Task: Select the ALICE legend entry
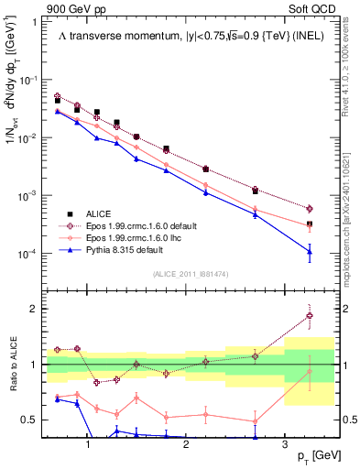click(x=98, y=213)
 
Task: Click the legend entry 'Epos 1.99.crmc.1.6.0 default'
click(x=141, y=224)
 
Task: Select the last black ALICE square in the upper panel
click(x=310, y=224)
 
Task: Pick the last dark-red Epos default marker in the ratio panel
click(x=310, y=316)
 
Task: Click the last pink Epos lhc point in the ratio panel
click(x=310, y=371)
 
